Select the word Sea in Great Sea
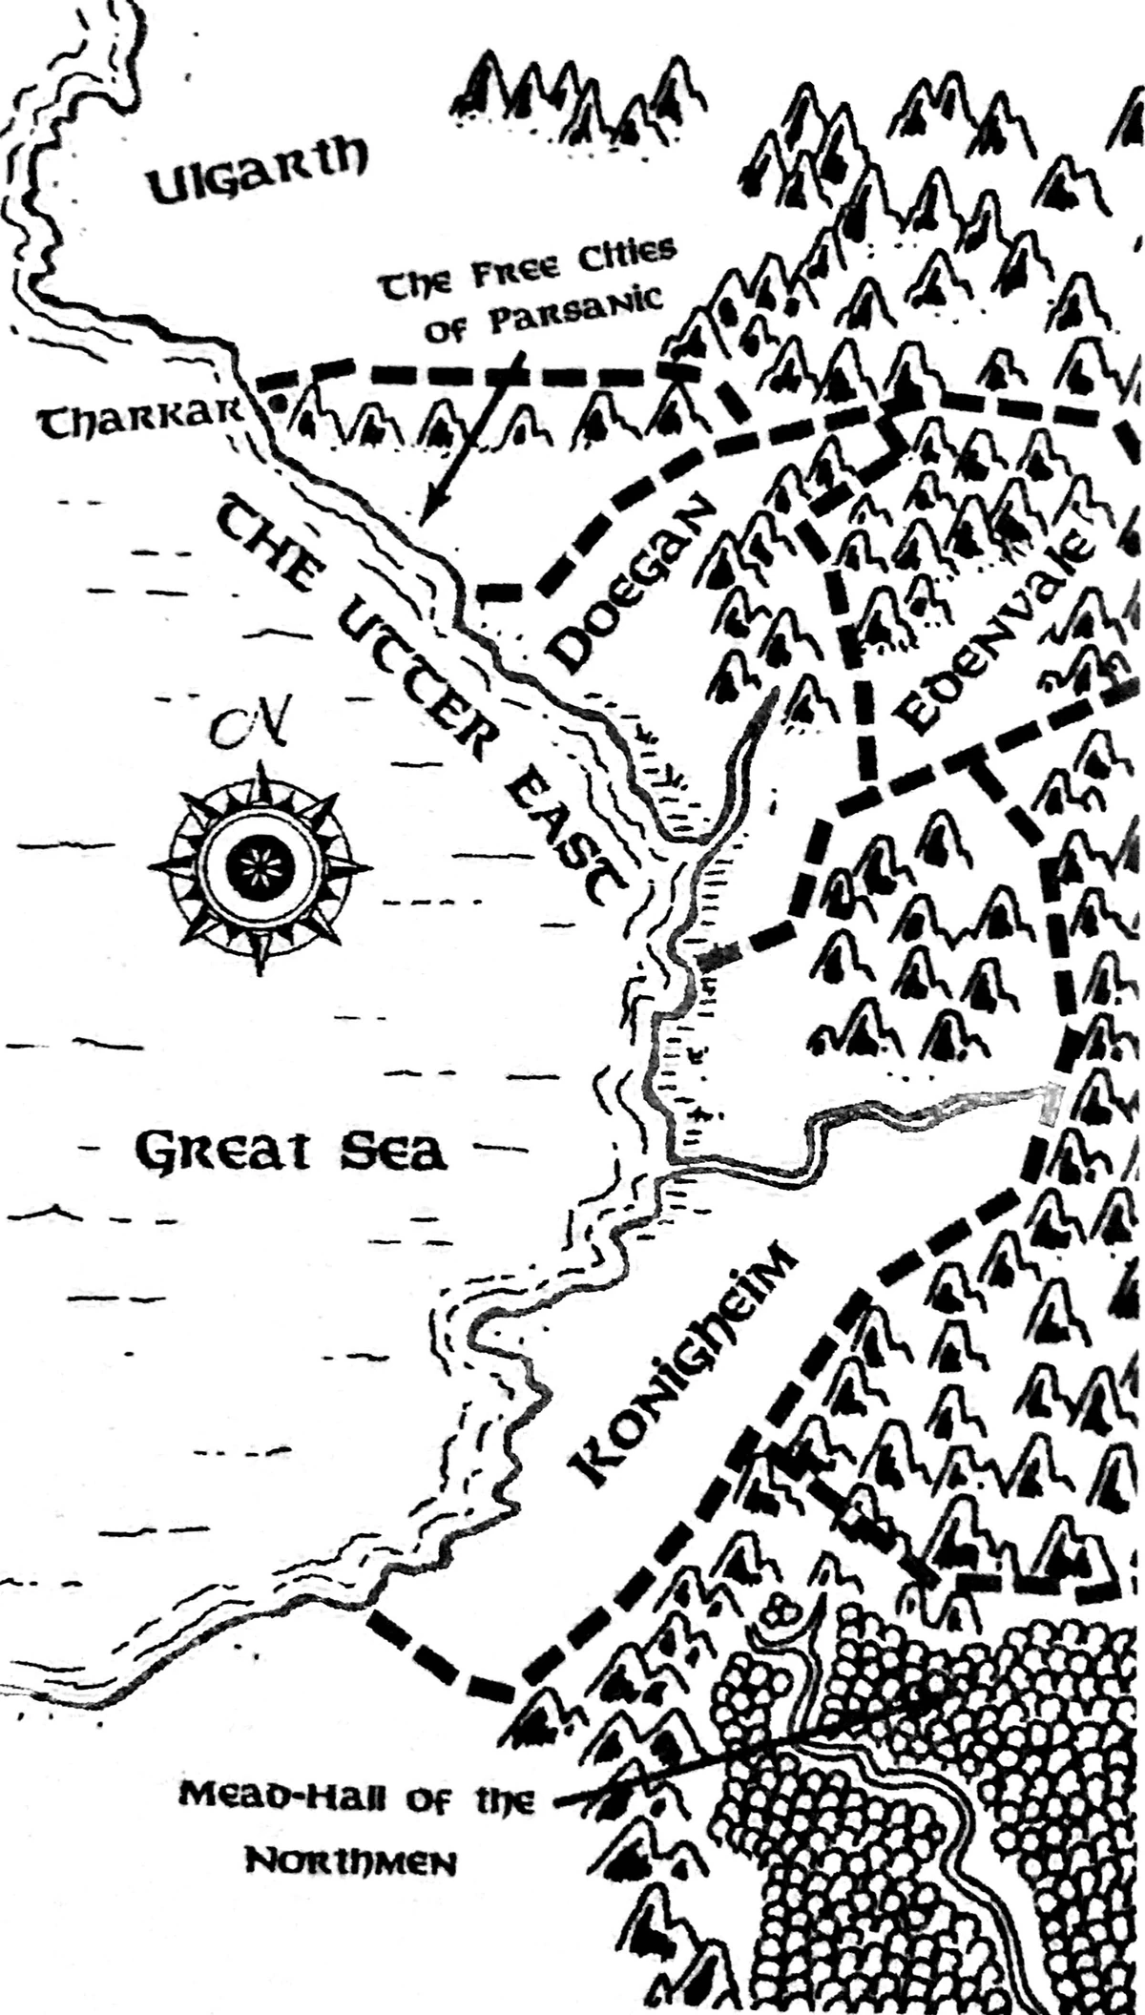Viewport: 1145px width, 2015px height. pos(393,1151)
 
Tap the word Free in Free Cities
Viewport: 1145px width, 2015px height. pos(502,274)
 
